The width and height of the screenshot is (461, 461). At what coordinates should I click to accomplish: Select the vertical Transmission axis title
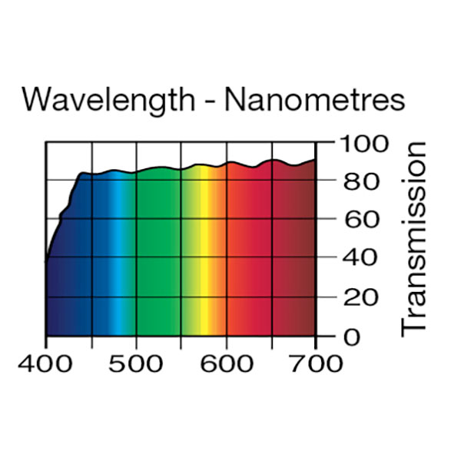(414, 238)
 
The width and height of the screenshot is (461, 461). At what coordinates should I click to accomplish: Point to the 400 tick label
(46, 363)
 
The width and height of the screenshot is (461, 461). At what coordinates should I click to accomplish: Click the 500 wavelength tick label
(136, 363)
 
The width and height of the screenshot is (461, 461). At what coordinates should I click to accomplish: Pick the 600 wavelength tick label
(226, 363)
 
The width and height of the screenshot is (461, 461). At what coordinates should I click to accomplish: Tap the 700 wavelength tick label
(316, 363)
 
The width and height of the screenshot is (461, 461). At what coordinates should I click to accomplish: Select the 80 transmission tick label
(357, 182)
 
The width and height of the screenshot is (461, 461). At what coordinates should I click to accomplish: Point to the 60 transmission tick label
(357, 221)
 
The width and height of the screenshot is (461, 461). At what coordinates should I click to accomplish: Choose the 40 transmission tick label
(357, 259)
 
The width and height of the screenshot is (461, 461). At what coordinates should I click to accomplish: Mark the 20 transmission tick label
(357, 297)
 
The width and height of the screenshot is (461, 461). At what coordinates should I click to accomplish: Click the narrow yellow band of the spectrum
(204, 254)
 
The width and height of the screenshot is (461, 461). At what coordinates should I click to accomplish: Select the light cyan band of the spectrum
(118, 254)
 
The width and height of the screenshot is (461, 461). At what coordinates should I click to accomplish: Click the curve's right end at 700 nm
(315, 160)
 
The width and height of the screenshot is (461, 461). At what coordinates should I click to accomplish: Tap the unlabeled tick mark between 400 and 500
(91, 342)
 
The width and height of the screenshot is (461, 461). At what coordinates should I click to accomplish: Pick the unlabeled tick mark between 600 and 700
(271, 342)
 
